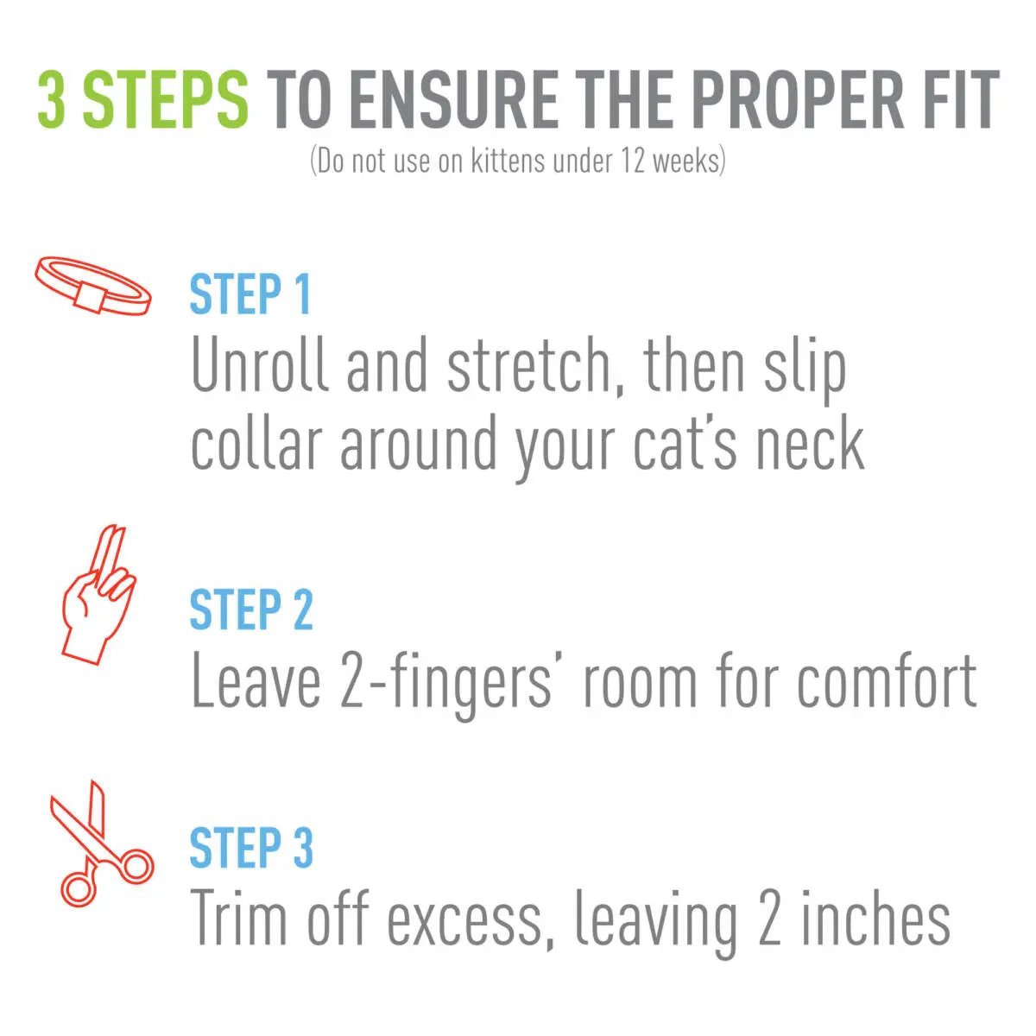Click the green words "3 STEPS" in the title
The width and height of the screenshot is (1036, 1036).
point(142,100)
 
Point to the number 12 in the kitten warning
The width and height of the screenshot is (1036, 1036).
point(632,161)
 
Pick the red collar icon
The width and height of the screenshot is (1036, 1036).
point(93,286)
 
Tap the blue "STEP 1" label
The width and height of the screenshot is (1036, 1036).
point(250,294)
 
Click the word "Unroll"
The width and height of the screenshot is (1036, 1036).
point(260,365)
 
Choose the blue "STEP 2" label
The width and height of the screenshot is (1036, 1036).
point(250,610)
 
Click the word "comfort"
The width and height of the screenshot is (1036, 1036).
point(887,682)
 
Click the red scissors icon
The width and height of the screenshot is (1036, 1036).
point(98,843)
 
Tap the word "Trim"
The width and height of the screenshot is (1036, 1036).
point(238,919)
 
